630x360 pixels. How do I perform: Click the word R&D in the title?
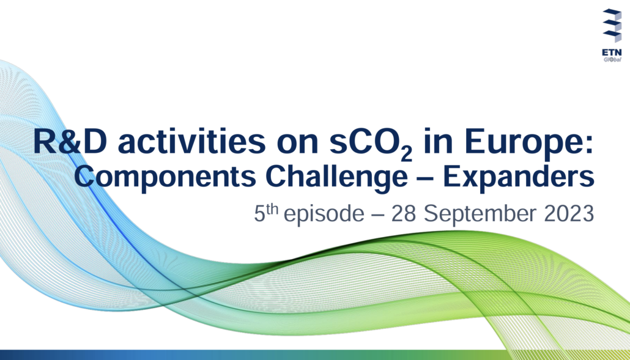click(70, 141)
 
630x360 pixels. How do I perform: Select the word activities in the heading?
click(191, 141)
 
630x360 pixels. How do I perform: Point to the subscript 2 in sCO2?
click(407, 155)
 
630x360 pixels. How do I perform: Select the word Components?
click(165, 177)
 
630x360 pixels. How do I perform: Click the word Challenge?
click(336, 177)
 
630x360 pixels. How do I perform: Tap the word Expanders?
click(518, 177)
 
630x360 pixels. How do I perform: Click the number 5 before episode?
click(259, 214)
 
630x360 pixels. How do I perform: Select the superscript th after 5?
click(272, 209)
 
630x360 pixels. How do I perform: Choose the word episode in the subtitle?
click(324, 215)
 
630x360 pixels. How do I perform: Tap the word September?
click(480, 215)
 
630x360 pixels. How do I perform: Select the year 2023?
click(569, 213)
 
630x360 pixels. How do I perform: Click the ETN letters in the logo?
click(612, 53)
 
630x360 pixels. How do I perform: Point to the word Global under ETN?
click(612, 60)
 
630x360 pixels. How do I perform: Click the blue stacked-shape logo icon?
click(612, 25)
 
